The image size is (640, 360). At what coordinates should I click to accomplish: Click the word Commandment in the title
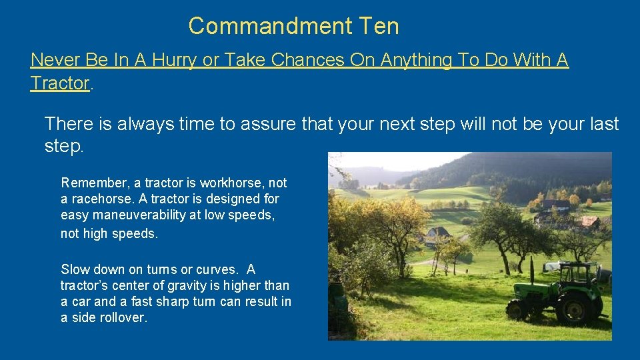271,26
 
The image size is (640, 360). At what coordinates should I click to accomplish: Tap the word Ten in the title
379,26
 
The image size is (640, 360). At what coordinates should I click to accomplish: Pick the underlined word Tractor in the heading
59,83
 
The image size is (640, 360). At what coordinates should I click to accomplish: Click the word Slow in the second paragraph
73,269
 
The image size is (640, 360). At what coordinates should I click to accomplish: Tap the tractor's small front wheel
517,309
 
